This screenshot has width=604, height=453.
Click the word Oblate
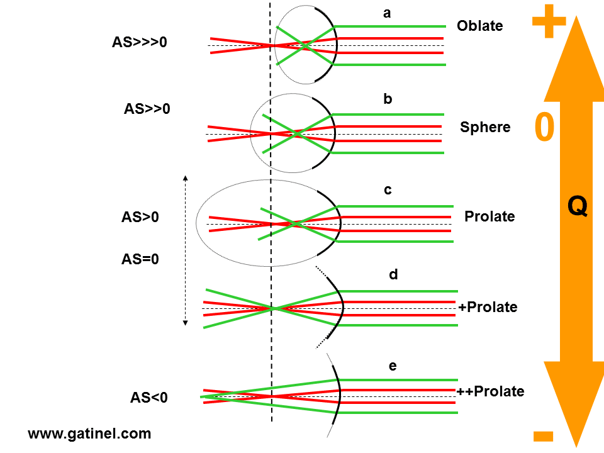[x=479, y=26]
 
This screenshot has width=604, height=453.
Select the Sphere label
[x=484, y=128]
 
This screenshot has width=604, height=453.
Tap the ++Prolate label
[x=490, y=391]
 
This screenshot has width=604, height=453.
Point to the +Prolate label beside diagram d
[x=488, y=308]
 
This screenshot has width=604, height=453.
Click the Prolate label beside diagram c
[x=489, y=217]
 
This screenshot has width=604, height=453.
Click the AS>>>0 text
[x=140, y=43]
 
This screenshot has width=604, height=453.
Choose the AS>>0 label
[x=147, y=109]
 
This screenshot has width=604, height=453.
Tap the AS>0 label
[x=140, y=218]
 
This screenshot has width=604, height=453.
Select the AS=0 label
[x=140, y=259]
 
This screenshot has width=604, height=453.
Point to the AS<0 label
[x=148, y=398]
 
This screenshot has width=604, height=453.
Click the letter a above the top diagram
[x=387, y=13]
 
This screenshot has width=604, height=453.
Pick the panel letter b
[x=388, y=99]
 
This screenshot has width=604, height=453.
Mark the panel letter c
[x=388, y=190]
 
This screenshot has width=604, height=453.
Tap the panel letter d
[x=393, y=274]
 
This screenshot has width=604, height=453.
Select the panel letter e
[x=393, y=366]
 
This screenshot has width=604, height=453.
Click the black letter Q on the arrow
[x=577, y=206]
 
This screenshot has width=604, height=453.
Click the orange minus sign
[x=542, y=435]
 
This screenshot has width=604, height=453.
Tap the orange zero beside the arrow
[x=544, y=128]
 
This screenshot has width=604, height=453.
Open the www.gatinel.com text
[x=89, y=433]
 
